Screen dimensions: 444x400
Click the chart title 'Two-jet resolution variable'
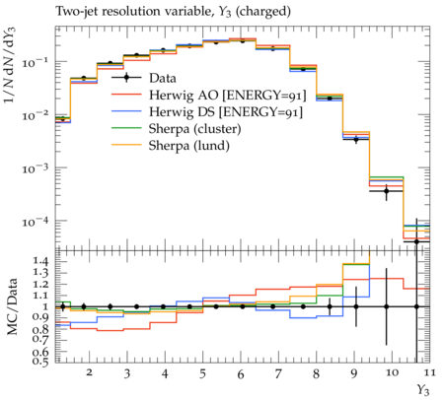point(133,12)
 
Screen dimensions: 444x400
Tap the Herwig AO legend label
point(228,96)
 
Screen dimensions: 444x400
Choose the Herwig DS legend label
point(226,112)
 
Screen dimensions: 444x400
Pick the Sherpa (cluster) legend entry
point(195,129)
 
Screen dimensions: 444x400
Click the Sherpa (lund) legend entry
point(189,146)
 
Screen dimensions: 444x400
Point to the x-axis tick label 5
point(202,373)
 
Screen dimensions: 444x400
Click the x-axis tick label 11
point(429,372)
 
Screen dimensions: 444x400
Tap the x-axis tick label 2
point(89,372)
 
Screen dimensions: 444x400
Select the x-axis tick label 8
point(316,373)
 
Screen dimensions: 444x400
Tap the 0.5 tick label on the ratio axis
point(41,362)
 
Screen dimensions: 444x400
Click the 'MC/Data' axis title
point(12,306)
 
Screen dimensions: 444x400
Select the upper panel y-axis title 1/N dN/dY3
point(10,65)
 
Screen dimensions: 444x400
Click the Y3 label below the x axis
point(423,390)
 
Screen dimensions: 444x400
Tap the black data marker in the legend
point(126,78)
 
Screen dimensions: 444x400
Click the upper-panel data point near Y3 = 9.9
point(387,191)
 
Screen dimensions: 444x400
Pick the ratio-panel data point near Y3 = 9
point(356,306)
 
